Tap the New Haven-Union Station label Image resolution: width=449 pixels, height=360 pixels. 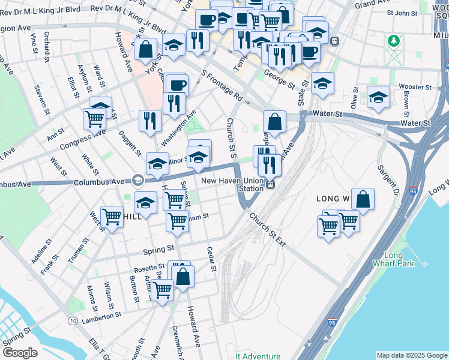click(x=232, y=184)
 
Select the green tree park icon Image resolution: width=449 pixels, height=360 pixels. click(x=394, y=41)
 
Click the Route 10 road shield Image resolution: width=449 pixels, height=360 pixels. click(x=72, y=322)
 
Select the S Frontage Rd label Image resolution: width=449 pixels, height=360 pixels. click(x=221, y=86)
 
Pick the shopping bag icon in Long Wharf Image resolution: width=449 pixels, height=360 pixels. click(x=363, y=199)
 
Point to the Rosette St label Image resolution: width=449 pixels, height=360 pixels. click(x=149, y=266)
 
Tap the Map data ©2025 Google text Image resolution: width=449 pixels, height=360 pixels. click(x=411, y=355)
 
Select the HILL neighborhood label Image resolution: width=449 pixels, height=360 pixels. click(x=132, y=216)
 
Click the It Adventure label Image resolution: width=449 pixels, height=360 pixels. click(x=258, y=356)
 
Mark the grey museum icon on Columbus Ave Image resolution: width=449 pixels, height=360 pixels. click(x=137, y=181)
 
